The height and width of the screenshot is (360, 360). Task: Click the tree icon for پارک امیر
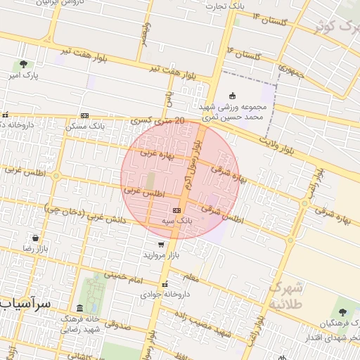25,65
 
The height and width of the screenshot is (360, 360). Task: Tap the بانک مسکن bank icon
84,116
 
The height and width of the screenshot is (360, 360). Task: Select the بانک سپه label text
176,221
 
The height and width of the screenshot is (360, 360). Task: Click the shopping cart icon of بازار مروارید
162,244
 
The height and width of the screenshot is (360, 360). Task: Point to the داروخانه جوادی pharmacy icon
165,285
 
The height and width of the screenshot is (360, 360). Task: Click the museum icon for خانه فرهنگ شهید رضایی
79,309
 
